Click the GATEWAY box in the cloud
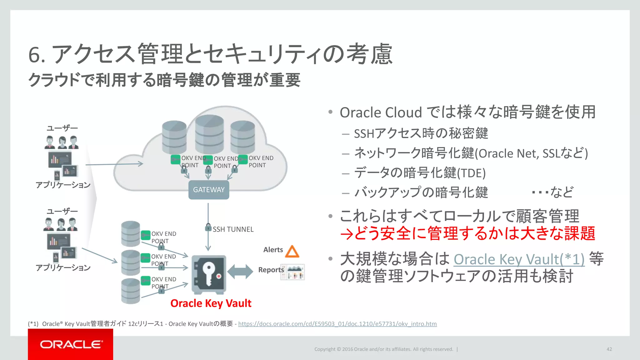click(209, 190)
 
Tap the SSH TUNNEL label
click(233, 229)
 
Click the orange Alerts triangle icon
click(292, 252)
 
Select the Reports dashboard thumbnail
click(292, 272)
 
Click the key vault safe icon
click(209, 274)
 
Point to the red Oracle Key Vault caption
click(211, 303)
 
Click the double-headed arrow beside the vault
click(240, 271)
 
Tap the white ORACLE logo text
click(71, 344)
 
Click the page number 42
click(609, 349)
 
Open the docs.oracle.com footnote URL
click(337, 324)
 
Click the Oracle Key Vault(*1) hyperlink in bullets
click(519, 259)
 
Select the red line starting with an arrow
click(467, 233)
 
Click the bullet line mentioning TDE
click(420, 173)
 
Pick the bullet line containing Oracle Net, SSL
click(471, 153)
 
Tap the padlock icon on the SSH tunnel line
click(208, 227)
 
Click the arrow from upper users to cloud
click(114, 164)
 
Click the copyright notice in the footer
click(383, 349)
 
